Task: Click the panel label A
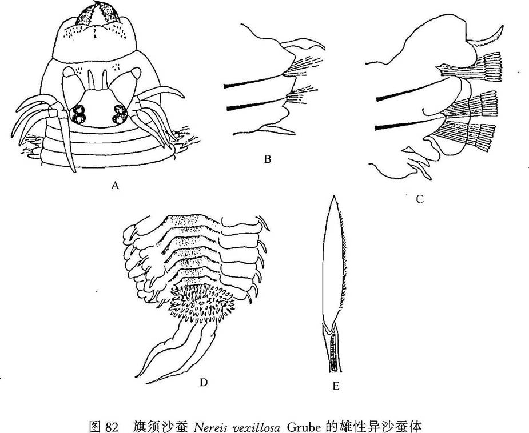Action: pyautogui.click(x=116, y=185)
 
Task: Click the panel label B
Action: pyautogui.click(x=268, y=159)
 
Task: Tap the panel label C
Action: pyautogui.click(x=419, y=199)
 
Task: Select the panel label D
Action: pyautogui.click(x=203, y=383)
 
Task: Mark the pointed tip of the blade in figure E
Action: pyautogui.click(x=334, y=196)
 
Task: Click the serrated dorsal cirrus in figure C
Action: pyautogui.click(x=486, y=37)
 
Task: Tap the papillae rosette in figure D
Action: pyautogui.click(x=202, y=303)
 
